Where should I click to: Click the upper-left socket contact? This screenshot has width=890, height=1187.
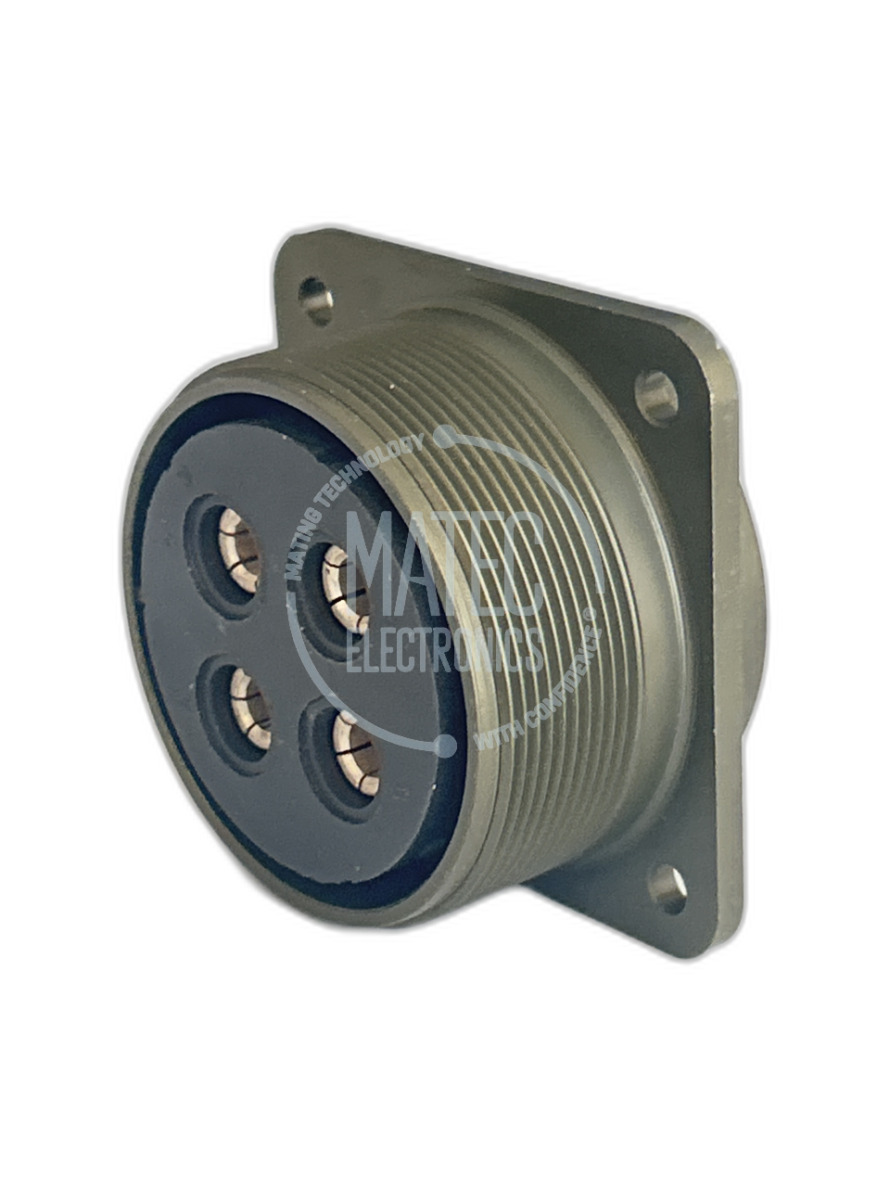tap(240, 550)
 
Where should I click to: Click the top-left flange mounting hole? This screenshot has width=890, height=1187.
tap(315, 300)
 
